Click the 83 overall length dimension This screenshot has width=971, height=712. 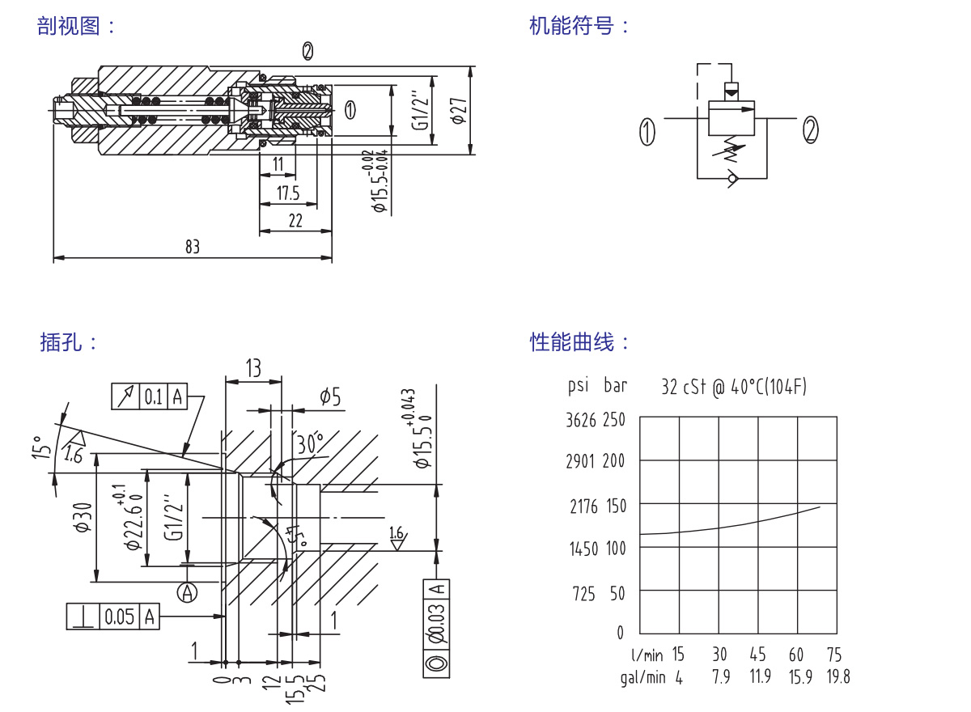[192, 247]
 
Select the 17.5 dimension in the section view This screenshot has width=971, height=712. [287, 193]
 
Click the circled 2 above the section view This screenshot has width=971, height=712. [307, 52]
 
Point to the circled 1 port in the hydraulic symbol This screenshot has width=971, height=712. [647, 131]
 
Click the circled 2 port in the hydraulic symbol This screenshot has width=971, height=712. [811, 130]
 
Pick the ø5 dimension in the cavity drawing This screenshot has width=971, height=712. [330, 396]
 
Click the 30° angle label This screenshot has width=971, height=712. [309, 443]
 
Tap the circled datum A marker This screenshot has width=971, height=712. [188, 593]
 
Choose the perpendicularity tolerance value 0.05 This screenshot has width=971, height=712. [119, 617]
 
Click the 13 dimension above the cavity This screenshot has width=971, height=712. [253, 369]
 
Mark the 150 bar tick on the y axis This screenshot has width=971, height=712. [617, 506]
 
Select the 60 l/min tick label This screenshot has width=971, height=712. [796, 655]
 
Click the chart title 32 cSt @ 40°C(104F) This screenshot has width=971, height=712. [734, 387]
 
